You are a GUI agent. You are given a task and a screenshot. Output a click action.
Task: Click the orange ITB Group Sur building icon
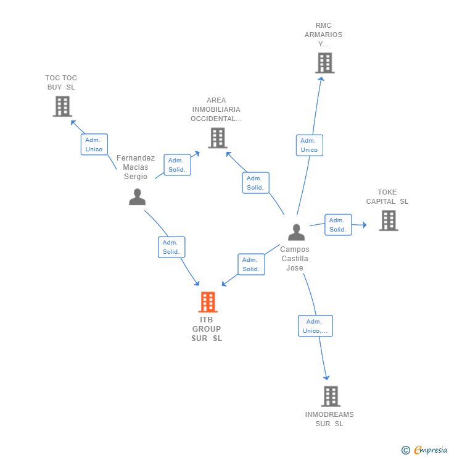(x=208, y=302)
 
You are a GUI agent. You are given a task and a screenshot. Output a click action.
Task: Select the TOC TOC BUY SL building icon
(x=62, y=106)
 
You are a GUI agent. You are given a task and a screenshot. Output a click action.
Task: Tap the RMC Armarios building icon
(x=324, y=63)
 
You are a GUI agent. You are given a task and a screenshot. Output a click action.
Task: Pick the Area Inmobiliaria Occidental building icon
(x=217, y=138)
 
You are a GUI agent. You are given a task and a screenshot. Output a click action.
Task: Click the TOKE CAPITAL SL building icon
(x=388, y=220)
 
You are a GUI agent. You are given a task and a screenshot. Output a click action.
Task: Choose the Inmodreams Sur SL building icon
(x=331, y=396)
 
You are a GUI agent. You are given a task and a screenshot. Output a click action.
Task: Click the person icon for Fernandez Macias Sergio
(x=137, y=197)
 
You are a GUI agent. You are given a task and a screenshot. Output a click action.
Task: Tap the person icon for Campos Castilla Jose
(x=296, y=232)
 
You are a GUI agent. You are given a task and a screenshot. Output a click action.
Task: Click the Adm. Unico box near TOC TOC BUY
(x=94, y=145)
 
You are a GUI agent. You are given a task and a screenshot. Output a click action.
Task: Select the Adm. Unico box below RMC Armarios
(x=309, y=145)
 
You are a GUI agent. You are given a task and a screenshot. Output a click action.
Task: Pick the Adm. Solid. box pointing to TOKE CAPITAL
(x=337, y=225)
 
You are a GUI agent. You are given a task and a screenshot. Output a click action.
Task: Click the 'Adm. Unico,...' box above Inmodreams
(x=315, y=326)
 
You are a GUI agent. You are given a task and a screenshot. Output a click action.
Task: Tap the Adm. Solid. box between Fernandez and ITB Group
(x=171, y=247)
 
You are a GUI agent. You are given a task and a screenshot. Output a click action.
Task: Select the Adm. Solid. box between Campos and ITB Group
(x=251, y=264)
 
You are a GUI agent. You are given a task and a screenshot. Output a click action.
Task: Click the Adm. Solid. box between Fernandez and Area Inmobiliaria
(x=177, y=165)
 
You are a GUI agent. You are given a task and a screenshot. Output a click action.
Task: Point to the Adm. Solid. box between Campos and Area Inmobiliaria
(x=255, y=183)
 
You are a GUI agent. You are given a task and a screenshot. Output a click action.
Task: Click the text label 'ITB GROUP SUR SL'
(x=207, y=329)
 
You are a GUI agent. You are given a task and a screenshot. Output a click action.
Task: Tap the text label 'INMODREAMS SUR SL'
(x=329, y=419)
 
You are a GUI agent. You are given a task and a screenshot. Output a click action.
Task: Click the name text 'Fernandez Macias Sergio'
(x=136, y=167)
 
